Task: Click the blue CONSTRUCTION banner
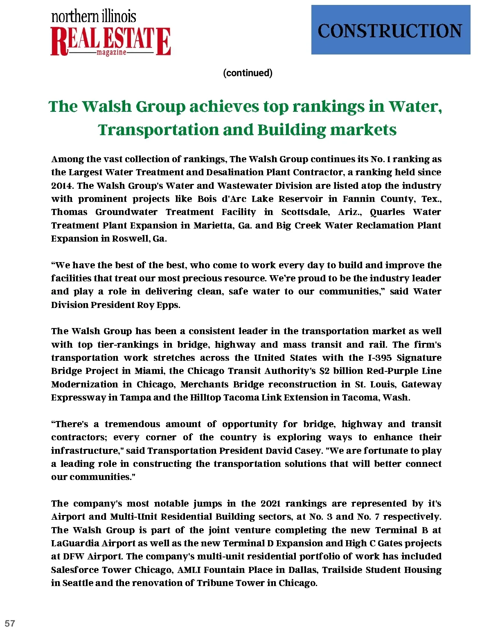[390, 30]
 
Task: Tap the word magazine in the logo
[111, 53]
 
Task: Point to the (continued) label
[248, 73]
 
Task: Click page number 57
[10, 623]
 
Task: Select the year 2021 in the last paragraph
[270, 503]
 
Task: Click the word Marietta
[212, 225]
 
